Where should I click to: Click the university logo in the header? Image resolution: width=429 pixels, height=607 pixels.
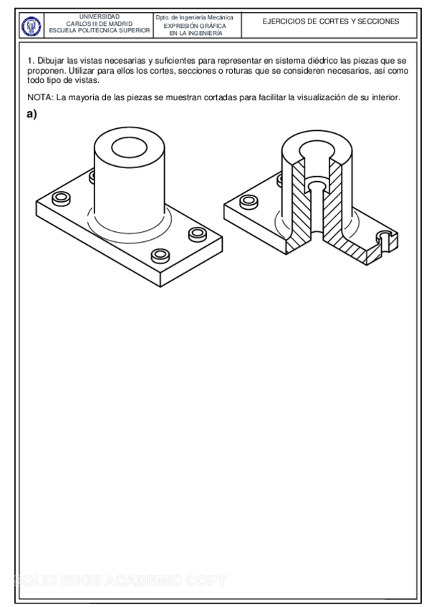pos(31,26)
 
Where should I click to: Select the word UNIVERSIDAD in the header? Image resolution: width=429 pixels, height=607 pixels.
pos(100,17)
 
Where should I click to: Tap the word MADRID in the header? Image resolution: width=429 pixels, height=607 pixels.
pos(120,24)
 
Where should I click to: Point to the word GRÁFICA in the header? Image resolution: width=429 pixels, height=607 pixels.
pos(212,26)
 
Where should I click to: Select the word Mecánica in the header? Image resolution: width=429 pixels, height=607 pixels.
pos(221,17)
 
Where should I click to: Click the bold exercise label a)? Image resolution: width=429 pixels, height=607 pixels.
pos(32,114)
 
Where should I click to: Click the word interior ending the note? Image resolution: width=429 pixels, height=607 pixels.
pos(385,97)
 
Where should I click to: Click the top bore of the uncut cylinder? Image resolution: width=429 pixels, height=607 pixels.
pos(129,147)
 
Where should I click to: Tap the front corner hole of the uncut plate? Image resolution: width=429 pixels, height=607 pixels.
pos(160,255)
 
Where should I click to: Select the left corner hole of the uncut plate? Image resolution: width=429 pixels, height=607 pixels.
pos(61,198)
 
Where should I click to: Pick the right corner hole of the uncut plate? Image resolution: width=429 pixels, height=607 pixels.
pos(198,234)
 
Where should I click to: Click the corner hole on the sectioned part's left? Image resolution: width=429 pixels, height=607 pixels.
pos(249,202)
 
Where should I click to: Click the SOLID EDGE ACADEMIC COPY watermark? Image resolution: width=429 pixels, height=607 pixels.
pos(120,581)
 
